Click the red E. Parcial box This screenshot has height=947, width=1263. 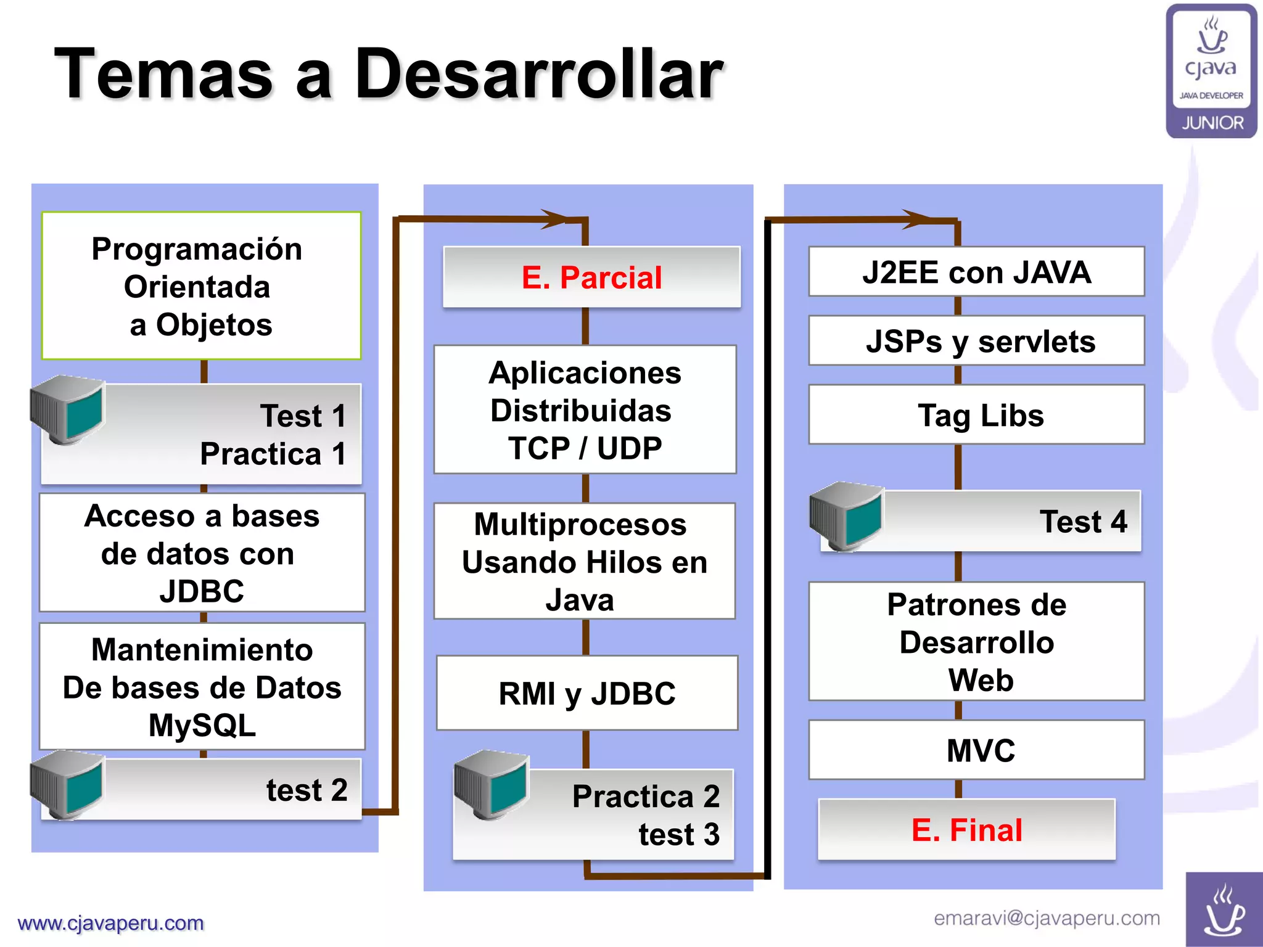click(x=591, y=277)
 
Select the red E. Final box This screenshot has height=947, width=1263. click(x=966, y=829)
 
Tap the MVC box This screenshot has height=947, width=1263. click(x=977, y=750)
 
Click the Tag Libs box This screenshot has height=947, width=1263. click(x=977, y=415)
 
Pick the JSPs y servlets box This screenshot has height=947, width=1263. click(x=977, y=341)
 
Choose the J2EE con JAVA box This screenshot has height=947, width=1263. click(x=977, y=272)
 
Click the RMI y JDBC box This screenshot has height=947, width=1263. click(x=587, y=693)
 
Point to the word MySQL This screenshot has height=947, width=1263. click(x=202, y=725)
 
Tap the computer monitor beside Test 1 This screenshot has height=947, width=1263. click(x=68, y=409)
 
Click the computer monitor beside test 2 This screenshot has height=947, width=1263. click(x=68, y=784)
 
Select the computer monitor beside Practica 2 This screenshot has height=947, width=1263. click(x=492, y=784)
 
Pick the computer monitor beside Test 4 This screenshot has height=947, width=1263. click(x=847, y=516)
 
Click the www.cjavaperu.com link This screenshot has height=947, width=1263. click(x=111, y=923)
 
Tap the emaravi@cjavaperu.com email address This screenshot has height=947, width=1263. click(x=1047, y=918)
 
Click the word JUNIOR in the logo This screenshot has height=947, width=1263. click(x=1212, y=123)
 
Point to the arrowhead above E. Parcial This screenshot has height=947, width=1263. click(x=553, y=219)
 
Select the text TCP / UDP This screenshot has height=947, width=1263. click(x=585, y=448)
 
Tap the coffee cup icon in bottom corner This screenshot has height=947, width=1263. click(x=1224, y=910)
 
